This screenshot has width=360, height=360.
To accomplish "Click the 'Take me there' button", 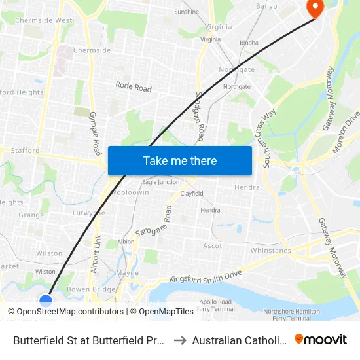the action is pyautogui.click(x=180, y=160).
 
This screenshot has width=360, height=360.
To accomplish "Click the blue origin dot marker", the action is pyautogui.click(x=46, y=300).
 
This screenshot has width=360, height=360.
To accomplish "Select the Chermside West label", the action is pyautogui.click(x=44, y=20).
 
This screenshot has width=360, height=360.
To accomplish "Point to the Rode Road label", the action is pyautogui.click(x=134, y=87).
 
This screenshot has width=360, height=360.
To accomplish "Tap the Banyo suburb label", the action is pyautogui.click(x=267, y=7).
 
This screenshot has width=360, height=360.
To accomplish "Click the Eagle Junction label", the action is pyautogui.click(x=160, y=182).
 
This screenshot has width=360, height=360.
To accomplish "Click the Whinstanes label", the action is pyautogui.click(x=270, y=251).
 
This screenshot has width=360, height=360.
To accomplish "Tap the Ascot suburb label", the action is pyautogui.click(x=213, y=246).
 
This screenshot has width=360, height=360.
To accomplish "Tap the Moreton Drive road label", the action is pyautogui.click(x=347, y=132).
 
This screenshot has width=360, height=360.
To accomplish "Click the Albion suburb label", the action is pyautogui.click(x=126, y=242).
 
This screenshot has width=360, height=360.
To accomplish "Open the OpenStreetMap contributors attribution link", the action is pyautogui.click(x=70, y=312).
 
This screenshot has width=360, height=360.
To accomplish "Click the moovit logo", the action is pyautogui.click(x=321, y=339).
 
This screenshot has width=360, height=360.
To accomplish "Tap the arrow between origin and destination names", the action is pyautogui.click(x=179, y=340).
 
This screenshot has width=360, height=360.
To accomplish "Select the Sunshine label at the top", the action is pyautogui.click(x=187, y=12).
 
